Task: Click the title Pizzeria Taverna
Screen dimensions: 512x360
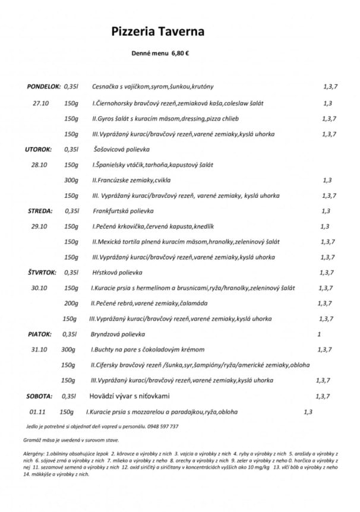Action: tap(157, 31)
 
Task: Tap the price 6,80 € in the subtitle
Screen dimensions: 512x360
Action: tap(180, 53)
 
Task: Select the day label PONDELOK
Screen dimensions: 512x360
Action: tap(43, 87)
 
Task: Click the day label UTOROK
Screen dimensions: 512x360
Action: tap(38, 149)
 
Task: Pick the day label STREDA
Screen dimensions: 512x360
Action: tap(40, 211)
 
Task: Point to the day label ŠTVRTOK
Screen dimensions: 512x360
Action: tap(42, 273)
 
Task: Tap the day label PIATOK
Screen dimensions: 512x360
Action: tap(39, 334)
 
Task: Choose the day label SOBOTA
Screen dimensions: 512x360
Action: tap(39, 396)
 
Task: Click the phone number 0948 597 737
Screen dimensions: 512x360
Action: tap(162, 426)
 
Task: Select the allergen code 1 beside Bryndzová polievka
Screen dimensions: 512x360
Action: tap(319, 334)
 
